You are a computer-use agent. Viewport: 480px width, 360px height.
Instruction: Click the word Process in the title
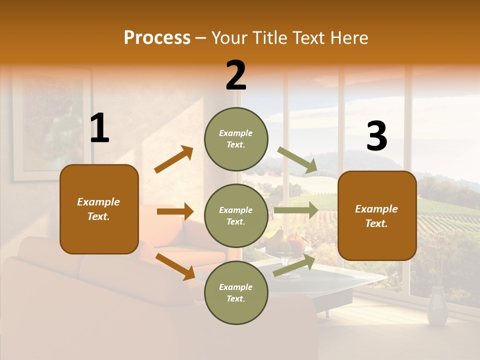point(157,37)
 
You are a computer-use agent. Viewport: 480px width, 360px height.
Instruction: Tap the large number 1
point(99,128)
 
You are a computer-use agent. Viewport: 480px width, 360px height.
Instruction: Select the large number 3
point(376,136)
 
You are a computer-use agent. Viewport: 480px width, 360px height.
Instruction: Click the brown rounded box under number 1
point(99,209)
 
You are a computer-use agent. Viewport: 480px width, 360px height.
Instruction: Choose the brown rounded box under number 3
point(377,215)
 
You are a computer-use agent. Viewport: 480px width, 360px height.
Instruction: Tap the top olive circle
point(236,138)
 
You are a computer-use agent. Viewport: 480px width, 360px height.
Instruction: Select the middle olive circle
point(236,215)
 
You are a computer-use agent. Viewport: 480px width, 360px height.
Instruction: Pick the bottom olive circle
point(236,292)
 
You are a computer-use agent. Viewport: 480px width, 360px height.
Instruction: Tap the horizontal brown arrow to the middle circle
point(175,211)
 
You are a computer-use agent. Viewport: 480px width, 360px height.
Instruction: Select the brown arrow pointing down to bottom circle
point(175,266)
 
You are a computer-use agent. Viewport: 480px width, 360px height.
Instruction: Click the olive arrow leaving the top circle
point(297,160)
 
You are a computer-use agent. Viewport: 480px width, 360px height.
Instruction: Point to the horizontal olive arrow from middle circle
point(295,210)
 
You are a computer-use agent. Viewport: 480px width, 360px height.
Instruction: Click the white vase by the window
point(438,306)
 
